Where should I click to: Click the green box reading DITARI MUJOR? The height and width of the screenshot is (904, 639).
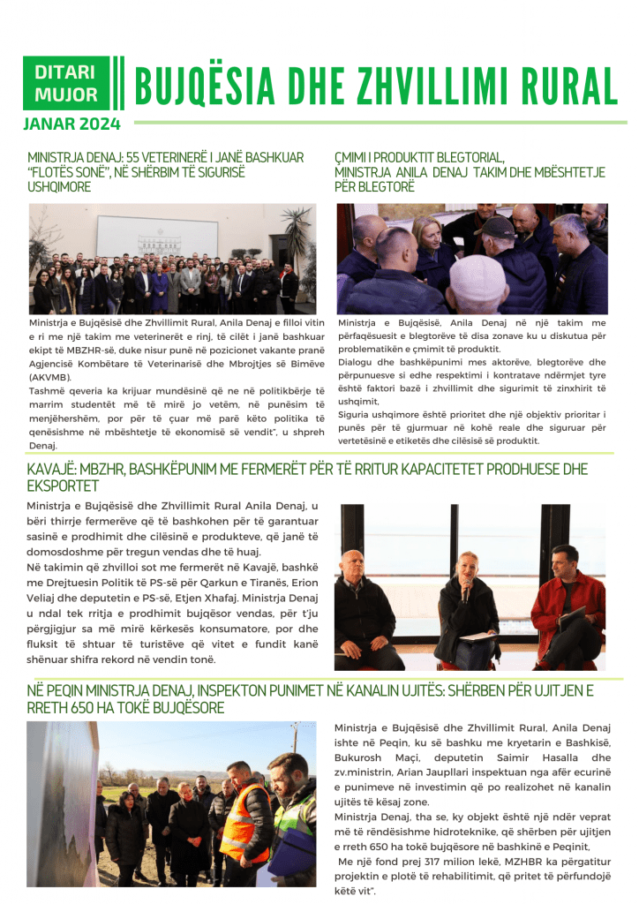click(x=67, y=83)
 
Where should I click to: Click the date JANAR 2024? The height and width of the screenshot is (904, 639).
click(x=71, y=124)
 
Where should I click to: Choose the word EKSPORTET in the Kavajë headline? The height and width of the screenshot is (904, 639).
click(x=63, y=486)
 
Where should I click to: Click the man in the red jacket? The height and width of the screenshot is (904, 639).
click(x=567, y=609)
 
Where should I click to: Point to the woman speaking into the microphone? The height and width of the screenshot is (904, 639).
click(x=468, y=605)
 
